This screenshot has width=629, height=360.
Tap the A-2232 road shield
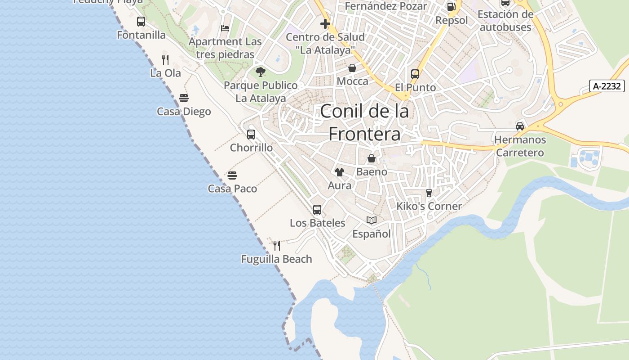coord(607,86)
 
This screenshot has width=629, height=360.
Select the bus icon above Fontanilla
coord(141,21)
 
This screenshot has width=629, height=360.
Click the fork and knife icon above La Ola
coord(165,59)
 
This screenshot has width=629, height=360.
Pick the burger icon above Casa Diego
coord(183,98)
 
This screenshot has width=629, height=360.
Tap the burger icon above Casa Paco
coord(232,175)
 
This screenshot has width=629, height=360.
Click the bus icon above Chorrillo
coord(251,134)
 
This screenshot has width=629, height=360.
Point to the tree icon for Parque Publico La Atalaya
coord(261,72)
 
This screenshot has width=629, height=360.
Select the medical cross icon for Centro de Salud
coord(325,23)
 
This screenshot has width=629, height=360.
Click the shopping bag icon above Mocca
coord(352,68)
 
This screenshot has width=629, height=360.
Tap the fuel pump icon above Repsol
coord(452,6)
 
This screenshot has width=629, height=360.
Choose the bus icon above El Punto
coord(415,74)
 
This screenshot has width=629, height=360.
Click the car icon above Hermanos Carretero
coord(520,126)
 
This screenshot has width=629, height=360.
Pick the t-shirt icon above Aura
coord(340,172)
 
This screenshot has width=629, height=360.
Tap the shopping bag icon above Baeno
coord(372,158)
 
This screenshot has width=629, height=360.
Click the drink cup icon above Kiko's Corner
coord(429,193)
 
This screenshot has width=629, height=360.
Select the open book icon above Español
coord(372,220)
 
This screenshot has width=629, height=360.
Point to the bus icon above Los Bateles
coord(317,209)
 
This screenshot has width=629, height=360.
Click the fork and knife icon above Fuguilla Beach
coord(277,245)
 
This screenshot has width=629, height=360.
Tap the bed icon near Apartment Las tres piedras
coord(225,28)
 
